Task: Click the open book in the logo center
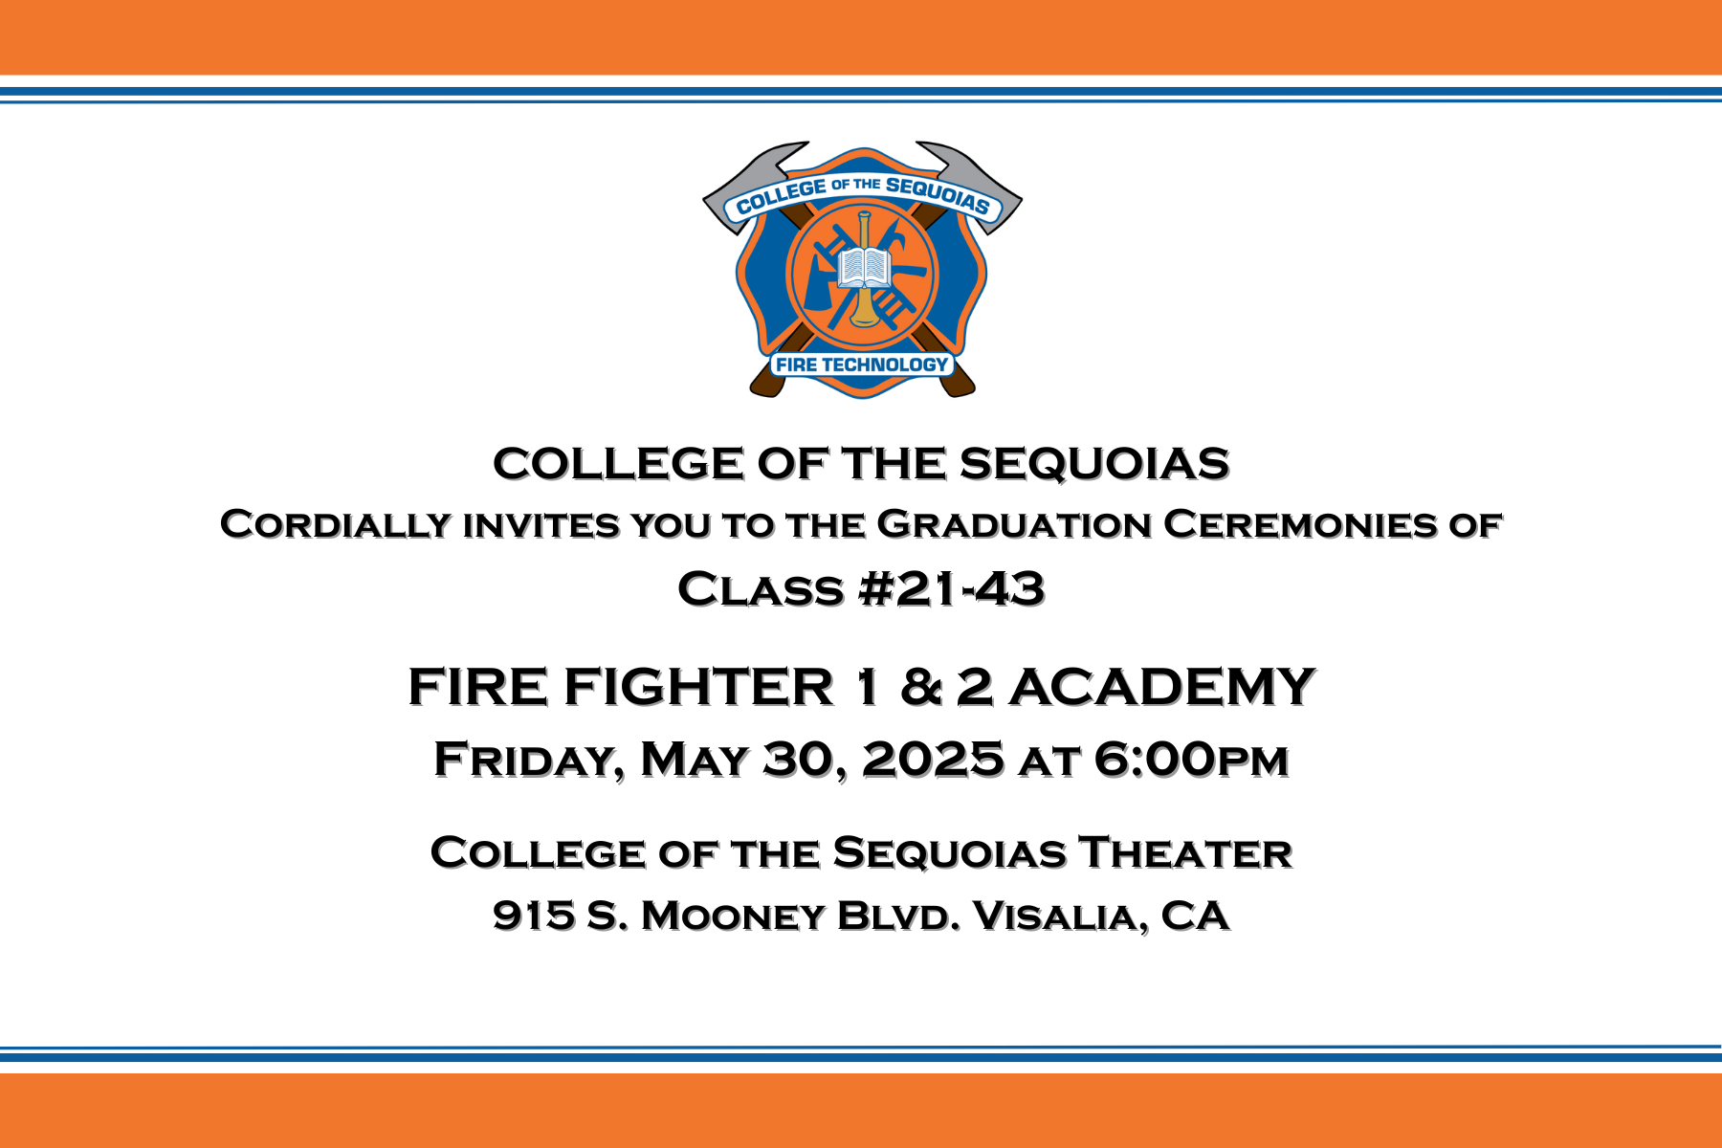pyautogui.click(x=864, y=267)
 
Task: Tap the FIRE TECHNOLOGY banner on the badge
pyautogui.click(x=862, y=364)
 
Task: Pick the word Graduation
pyautogui.click(x=1014, y=524)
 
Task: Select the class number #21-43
pyautogui.click(x=952, y=588)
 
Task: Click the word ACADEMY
pyautogui.click(x=1162, y=686)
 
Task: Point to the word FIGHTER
pyautogui.click(x=699, y=686)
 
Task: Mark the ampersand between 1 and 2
pyautogui.click(x=921, y=686)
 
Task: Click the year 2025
pyautogui.click(x=934, y=759)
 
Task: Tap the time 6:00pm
pyautogui.click(x=1192, y=759)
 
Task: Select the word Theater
pyautogui.click(x=1185, y=852)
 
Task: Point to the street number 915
pyautogui.click(x=534, y=916)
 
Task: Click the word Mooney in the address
pyautogui.click(x=733, y=916)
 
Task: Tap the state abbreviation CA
pyautogui.click(x=1195, y=916)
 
